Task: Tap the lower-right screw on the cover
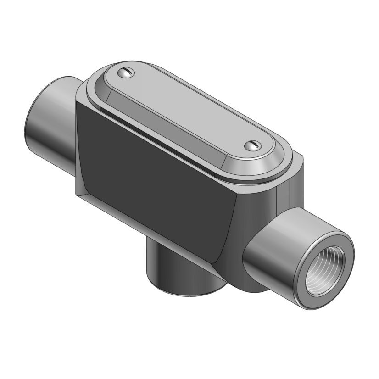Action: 252,145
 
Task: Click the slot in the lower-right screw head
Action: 252,145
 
